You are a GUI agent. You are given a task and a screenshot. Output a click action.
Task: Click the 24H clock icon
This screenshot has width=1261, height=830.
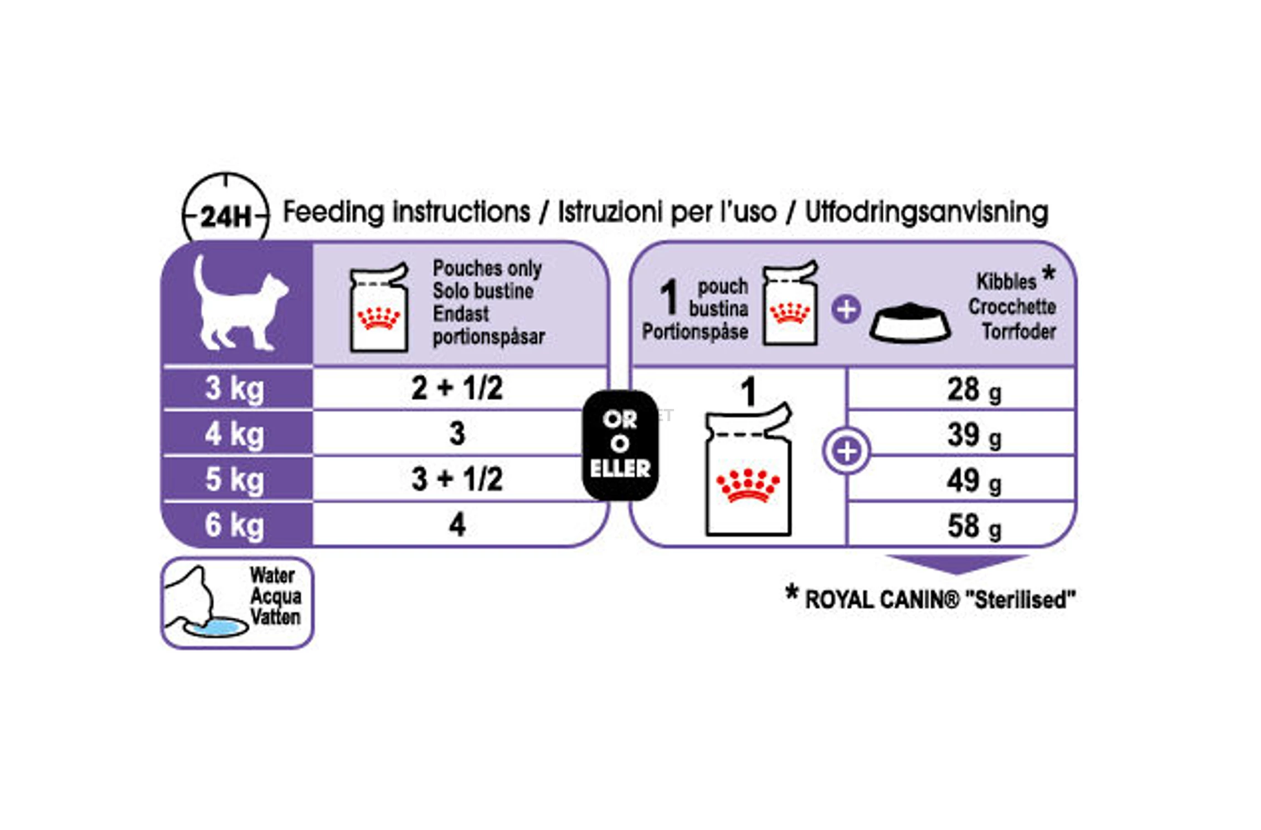point(226,207)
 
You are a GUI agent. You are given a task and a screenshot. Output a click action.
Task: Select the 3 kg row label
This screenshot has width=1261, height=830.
point(234,388)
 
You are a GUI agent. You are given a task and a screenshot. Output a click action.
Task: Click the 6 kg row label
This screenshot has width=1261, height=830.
point(234,525)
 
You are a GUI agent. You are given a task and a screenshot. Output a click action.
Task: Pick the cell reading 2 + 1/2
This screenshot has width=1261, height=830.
point(457,387)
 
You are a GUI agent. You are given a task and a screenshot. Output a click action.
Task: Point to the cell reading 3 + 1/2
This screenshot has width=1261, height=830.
point(457,479)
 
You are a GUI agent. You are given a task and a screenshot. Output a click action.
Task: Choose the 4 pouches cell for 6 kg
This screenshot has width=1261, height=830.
point(457,524)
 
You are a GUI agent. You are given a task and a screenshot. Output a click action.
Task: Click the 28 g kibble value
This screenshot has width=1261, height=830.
point(974,390)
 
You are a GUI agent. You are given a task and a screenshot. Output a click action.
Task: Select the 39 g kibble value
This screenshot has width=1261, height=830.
point(974,435)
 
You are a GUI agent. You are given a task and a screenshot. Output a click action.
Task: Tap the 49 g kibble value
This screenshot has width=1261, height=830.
point(974,481)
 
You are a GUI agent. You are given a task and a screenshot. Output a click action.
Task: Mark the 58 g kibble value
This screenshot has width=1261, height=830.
point(974,527)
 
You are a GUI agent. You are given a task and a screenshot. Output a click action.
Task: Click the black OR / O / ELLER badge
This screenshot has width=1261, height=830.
point(620,445)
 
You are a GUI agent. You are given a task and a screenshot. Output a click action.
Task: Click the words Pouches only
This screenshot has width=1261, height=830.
point(487,268)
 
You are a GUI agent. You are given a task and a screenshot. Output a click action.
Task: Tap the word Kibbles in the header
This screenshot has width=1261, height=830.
point(1006,282)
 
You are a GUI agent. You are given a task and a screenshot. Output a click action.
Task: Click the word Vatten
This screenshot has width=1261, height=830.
point(275,617)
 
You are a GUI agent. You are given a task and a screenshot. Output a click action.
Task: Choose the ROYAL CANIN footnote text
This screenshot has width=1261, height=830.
point(930,599)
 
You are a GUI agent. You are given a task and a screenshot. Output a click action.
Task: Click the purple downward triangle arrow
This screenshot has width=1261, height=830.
point(957,564)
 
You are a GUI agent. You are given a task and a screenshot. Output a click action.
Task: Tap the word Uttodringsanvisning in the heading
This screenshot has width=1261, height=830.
point(927,212)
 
